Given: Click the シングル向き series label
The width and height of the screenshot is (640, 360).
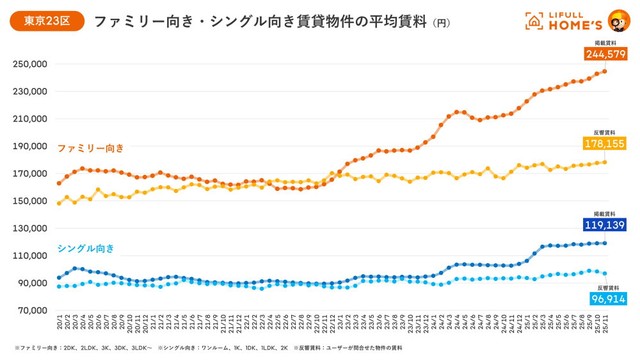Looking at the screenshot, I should tap(85, 247).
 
